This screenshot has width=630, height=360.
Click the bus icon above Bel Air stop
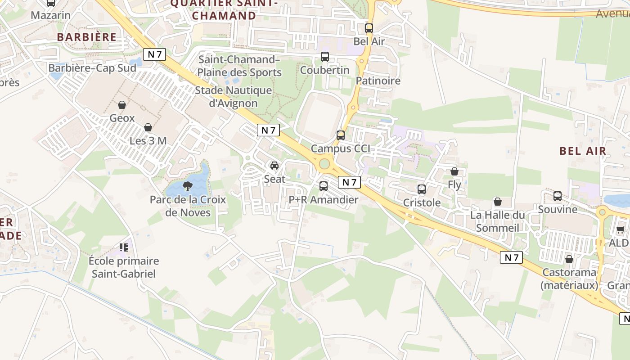[369, 28]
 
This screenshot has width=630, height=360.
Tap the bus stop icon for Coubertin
[325, 57]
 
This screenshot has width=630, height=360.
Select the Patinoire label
[378, 81]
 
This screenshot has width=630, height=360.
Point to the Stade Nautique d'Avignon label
[233, 97]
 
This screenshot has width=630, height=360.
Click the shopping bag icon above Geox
[122, 105]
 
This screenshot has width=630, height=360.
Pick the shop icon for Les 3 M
[148, 127]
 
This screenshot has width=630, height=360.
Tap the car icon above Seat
[274, 166]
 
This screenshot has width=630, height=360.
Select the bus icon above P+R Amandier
[324, 186]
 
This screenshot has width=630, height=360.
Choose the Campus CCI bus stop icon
[341, 135]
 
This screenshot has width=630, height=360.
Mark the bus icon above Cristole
[422, 189]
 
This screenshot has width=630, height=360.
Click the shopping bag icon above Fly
[454, 171]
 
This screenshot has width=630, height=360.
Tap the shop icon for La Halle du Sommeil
[498, 202]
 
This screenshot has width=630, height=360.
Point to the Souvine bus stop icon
[558, 196]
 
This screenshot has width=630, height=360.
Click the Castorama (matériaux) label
[569, 279]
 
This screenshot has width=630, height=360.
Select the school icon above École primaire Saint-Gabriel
[124, 247]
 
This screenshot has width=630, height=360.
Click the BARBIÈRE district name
[87, 37]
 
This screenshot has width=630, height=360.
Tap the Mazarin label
[51, 15]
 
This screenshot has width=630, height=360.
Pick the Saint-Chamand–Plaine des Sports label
[239, 66]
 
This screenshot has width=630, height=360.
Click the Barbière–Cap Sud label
[92, 68]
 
